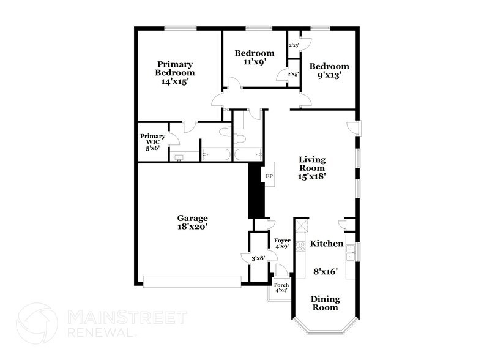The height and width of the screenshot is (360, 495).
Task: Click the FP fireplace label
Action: coord(269,176)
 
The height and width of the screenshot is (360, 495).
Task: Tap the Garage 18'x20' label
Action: coord(192,222)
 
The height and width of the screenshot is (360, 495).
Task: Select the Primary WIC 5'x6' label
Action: coord(153,142)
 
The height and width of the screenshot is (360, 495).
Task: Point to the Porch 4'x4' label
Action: coord(281,288)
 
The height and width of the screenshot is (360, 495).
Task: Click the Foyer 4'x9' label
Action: coord(282,244)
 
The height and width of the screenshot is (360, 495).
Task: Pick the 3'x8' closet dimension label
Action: coord(258,258)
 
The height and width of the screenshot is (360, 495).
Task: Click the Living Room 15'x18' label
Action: coord(312,168)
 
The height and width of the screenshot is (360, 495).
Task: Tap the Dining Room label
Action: coord(325,303)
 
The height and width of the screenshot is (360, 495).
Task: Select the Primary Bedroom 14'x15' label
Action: coord(175,73)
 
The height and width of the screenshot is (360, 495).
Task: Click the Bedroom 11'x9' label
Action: coord(255,57)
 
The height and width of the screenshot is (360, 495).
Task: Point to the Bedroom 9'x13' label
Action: coord(329,71)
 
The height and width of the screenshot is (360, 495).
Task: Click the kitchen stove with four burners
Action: coord(300,246)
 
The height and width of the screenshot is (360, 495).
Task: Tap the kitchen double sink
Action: coord(351,253)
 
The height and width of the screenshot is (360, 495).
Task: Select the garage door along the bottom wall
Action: coord(192,282)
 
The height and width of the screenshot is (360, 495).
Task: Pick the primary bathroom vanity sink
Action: coord(179,157)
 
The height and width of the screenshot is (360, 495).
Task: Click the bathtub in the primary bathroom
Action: coord(215,154)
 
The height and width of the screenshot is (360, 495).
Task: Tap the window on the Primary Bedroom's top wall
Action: coord(181,28)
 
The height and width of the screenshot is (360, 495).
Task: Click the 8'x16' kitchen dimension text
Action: coord(326,271)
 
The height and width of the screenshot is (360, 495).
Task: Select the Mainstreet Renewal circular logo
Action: coord(37,323)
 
